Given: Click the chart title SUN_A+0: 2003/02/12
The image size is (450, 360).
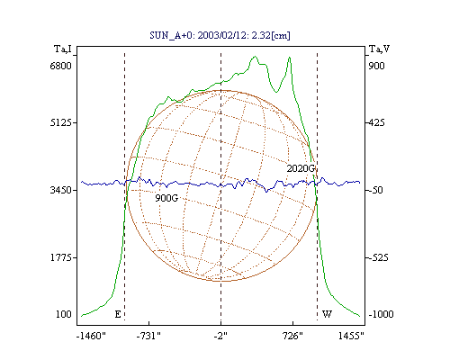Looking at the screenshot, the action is pos(220,35).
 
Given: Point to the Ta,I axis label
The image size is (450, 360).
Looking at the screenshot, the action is pos(63,49).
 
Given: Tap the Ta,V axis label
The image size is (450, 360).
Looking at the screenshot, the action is pos(380,49).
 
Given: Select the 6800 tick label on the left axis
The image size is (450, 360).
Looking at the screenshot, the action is pos(60,66).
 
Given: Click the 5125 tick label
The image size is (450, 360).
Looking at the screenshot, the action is pos(61,122).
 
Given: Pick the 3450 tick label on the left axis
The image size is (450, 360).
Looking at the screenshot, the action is pos(61,190).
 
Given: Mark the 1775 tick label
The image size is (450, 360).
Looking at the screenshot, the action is pos(61,257).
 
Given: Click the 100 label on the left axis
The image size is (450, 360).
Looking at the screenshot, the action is pos(64,314).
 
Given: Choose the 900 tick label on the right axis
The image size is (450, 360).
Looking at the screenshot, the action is pos(376,66).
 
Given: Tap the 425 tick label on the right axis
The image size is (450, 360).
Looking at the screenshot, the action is pos(376,122).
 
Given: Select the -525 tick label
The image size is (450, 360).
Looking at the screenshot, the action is pos(379,257).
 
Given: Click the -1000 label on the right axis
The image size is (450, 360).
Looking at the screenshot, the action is pos(381,314).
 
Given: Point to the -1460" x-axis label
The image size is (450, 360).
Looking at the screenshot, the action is pos(91,336).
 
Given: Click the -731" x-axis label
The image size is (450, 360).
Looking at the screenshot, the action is pos(148,336).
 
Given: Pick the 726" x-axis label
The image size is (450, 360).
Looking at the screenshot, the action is pos(292,336).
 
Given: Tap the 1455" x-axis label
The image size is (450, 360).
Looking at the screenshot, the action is pos(351,336).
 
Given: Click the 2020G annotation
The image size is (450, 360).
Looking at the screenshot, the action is pos(301,168).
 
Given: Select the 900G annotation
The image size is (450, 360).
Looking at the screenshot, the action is pos(166,198).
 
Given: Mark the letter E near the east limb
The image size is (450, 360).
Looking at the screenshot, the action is pos(118,314).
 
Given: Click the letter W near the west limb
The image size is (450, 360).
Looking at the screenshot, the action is pos(327,314).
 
